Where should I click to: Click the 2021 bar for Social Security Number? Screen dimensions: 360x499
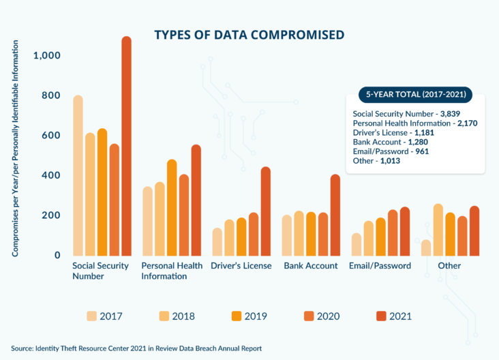(x=126, y=147)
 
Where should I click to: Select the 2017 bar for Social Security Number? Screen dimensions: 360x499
(x=78, y=176)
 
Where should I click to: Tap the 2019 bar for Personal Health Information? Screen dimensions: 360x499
(x=172, y=208)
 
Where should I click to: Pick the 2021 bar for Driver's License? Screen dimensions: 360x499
(x=265, y=211)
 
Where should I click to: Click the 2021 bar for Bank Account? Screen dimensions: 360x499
(x=335, y=215)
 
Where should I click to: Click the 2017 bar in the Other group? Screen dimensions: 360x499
(x=425, y=247)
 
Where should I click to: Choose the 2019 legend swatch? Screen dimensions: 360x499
(x=238, y=316)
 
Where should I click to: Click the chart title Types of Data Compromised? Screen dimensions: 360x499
(x=249, y=34)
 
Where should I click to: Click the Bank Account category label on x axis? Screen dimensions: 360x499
(x=310, y=266)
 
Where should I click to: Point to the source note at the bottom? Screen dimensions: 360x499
(x=136, y=348)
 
